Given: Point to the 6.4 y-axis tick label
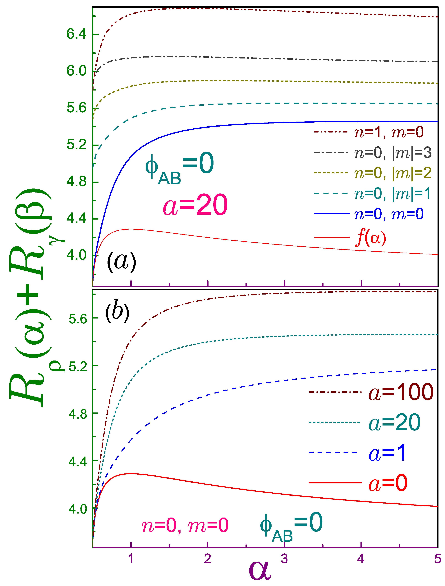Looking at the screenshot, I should click(x=76, y=34).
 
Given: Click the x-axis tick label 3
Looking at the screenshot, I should click(x=284, y=558).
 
